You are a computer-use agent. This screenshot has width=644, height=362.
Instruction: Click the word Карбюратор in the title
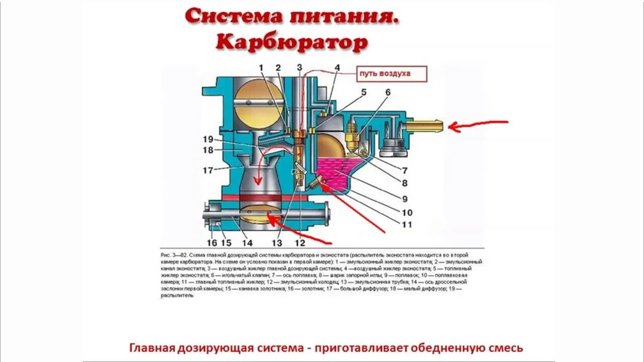pos(292,43)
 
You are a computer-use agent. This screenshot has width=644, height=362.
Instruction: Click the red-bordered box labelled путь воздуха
pos(391,73)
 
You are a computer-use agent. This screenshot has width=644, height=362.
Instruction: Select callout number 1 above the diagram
pos(261,67)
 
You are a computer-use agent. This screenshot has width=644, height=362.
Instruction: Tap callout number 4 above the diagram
pos(337,68)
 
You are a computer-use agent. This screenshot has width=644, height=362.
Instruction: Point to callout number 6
pos(388,93)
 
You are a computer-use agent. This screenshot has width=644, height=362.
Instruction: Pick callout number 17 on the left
pos(208,170)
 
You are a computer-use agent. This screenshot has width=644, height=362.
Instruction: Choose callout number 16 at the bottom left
pos(212,243)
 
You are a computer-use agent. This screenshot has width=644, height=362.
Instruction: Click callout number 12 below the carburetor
pos(300,243)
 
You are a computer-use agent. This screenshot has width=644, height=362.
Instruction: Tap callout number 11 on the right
pos(407,225)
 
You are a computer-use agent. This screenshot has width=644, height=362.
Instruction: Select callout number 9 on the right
pos(405,199)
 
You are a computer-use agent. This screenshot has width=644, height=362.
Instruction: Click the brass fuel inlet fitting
pos(426,124)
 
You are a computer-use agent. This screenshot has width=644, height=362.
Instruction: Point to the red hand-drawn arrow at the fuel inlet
pos(478,124)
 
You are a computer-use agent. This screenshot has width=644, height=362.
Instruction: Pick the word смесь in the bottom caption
pos(506,347)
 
